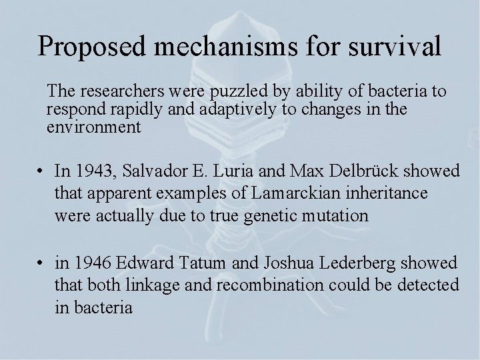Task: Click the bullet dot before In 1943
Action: click(x=42, y=172)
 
